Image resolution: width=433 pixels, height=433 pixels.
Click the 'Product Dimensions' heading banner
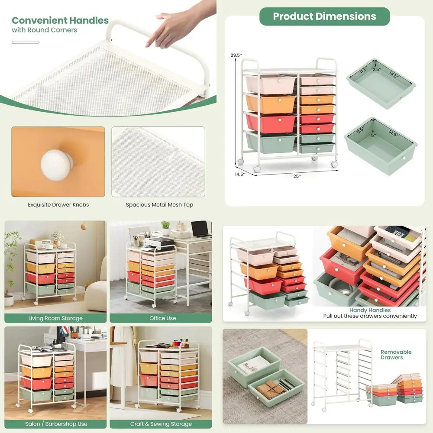pos(324,16)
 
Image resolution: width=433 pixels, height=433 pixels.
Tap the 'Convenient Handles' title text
pos(60,20)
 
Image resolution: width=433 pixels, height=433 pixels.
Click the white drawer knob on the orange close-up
pos(57,162)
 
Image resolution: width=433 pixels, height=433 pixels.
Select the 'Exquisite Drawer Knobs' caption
pos(58,205)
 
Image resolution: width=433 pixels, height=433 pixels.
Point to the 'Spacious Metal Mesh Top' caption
pos(159,205)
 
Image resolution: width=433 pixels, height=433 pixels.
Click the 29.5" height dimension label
pos(236,55)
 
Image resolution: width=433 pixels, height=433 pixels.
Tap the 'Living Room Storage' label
pos(55,318)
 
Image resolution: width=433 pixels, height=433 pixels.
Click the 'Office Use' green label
pos(163,318)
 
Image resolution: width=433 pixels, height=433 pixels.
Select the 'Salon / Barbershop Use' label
pos(55,424)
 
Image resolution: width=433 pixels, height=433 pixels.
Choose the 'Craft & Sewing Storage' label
pos(161,424)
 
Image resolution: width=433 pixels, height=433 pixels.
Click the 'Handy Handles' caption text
pos(370,310)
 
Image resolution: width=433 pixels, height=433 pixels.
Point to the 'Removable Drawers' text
pos(396,355)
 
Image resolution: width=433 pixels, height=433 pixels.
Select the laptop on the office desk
pos(201,229)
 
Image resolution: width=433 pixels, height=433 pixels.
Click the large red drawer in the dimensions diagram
pos(271,123)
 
